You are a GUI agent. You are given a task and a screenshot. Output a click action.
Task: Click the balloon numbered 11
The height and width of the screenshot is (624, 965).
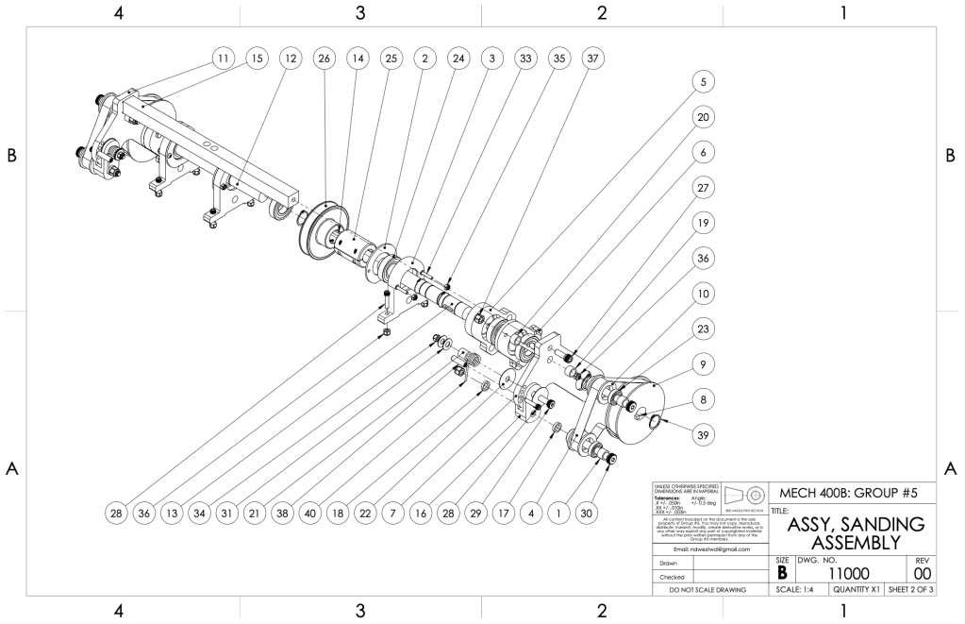coord(223,59)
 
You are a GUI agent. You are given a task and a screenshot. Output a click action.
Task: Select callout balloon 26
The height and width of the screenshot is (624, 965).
coord(324,59)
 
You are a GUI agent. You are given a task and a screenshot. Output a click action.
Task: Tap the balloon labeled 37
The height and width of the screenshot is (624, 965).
coord(592,59)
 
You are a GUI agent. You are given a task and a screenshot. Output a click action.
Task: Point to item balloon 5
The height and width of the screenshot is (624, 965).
coord(701,82)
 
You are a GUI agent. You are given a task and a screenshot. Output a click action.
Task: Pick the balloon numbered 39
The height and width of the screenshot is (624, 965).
coord(701,435)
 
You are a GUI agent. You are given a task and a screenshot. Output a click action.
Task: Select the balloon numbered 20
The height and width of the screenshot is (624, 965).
coord(701,117)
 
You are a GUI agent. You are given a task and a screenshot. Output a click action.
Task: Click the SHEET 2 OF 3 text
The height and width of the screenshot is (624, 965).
coord(906,590)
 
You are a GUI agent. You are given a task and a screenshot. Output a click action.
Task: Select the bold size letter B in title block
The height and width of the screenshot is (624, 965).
coord(781,572)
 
